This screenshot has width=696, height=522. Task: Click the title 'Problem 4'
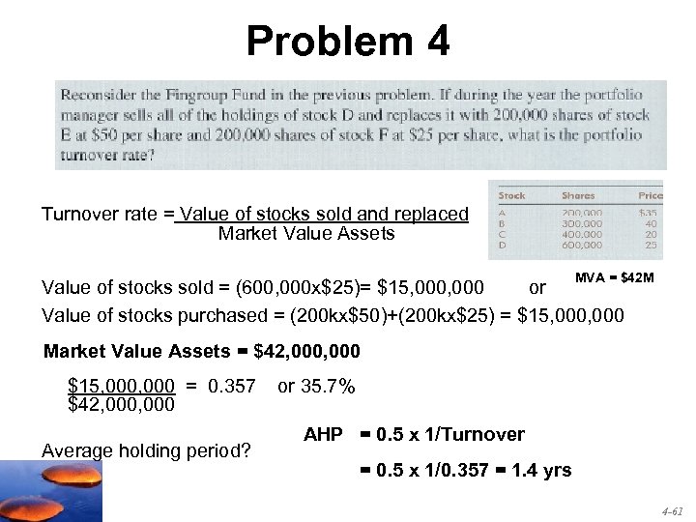pyautogui.click(x=347, y=42)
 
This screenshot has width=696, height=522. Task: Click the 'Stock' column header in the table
pyautogui.click(x=512, y=196)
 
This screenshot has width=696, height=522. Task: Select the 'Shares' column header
pyautogui.click(x=578, y=196)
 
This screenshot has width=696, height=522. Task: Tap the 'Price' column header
pyautogui.click(x=650, y=196)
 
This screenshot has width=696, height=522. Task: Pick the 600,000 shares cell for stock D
pyautogui.click(x=582, y=246)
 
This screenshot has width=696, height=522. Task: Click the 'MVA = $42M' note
pyautogui.click(x=615, y=278)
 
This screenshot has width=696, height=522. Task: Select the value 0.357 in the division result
pyautogui.click(x=232, y=387)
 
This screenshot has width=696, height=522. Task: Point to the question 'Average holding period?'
pyautogui.click(x=146, y=449)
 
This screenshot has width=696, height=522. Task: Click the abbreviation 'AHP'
pyautogui.click(x=323, y=435)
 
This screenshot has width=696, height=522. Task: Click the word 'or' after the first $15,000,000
pyautogui.click(x=537, y=288)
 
